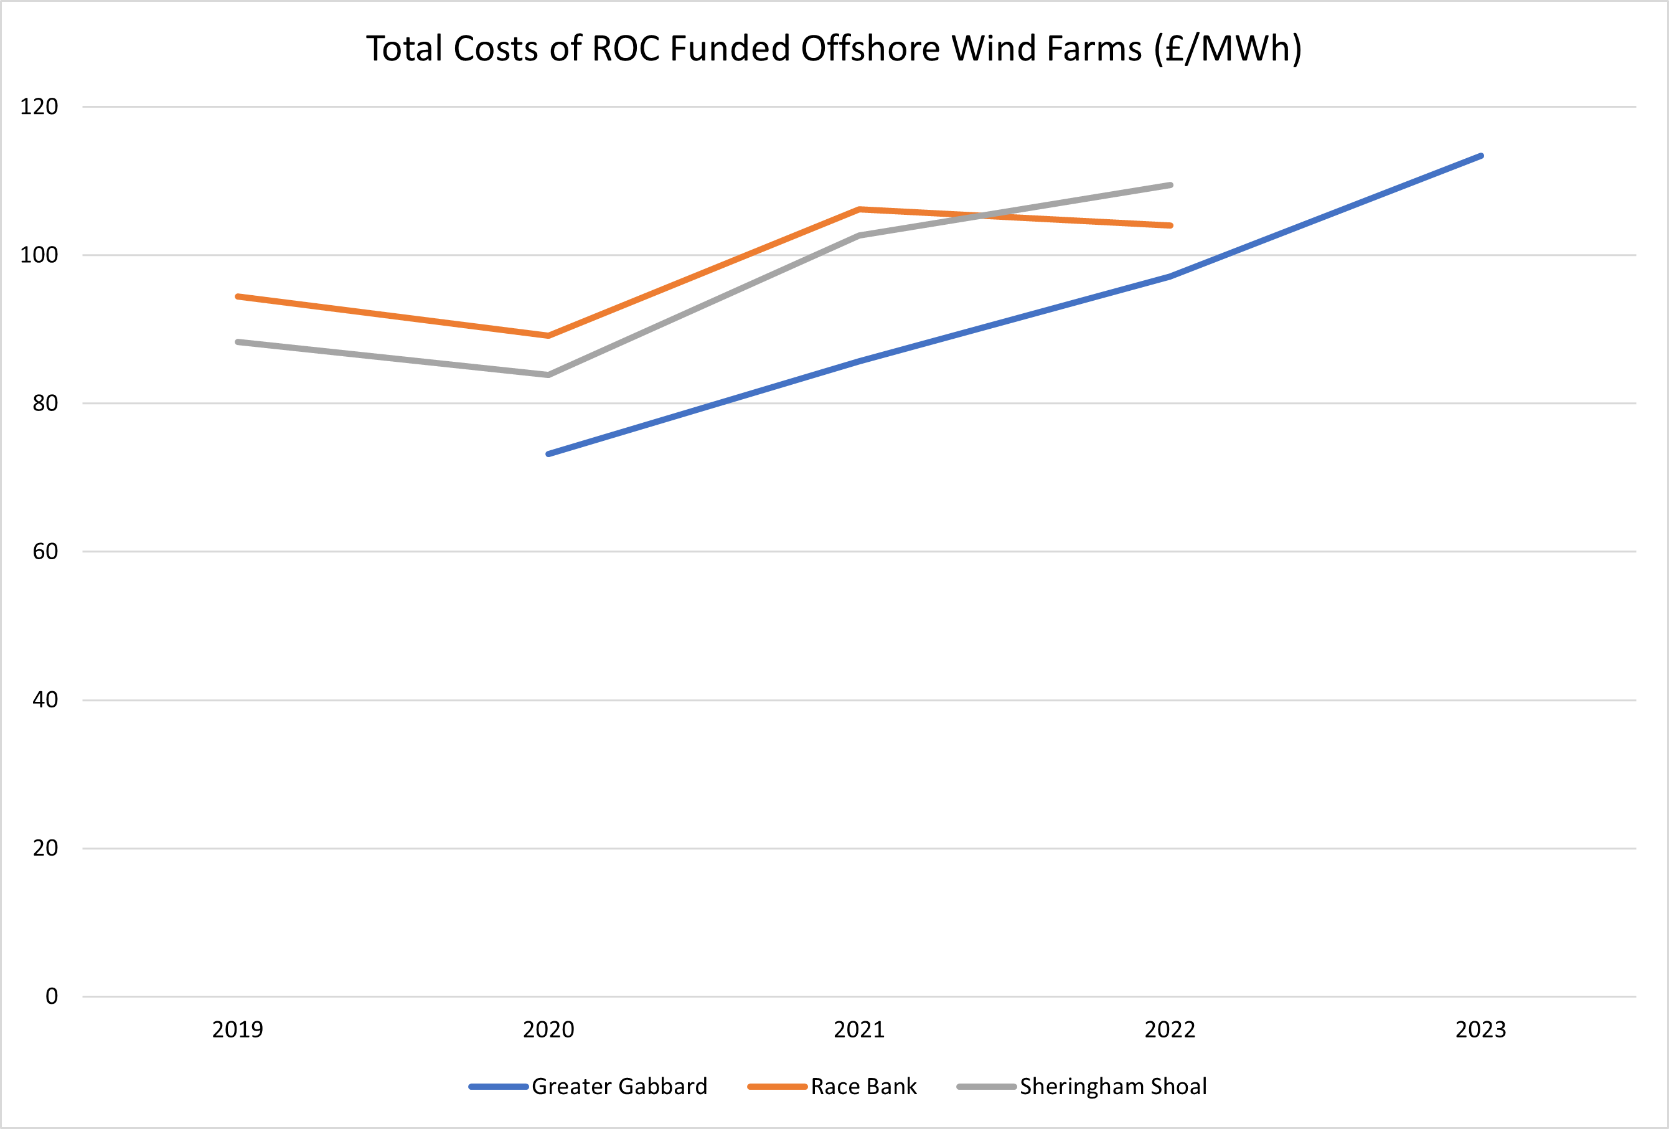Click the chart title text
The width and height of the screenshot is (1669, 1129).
click(834, 49)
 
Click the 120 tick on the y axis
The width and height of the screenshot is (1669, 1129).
click(39, 107)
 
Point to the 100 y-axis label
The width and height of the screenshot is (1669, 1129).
click(39, 255)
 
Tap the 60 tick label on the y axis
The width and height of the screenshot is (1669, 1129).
click(45, 552)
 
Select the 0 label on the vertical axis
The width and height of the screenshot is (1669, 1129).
click(52, 996)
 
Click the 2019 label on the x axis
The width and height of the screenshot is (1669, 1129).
click(238, 1030)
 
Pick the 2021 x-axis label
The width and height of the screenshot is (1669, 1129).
click(859, 1030)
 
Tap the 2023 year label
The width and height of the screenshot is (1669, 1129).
click(1481, 1030)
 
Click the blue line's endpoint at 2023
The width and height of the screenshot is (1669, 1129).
click(1481, 156)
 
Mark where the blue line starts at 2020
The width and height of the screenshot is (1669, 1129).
click(548, 454)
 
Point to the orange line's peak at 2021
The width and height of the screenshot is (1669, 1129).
click(859, 210)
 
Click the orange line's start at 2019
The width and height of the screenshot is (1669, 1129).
click(238, 296)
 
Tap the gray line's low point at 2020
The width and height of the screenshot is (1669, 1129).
click(548, 375)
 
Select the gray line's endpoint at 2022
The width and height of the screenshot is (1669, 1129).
click(1170, 186)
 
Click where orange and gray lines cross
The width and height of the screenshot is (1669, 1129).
click(981, 215)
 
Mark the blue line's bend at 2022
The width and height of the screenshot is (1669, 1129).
click(1170, 276)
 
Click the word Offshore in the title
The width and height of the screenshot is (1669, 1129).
click(870, 49)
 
